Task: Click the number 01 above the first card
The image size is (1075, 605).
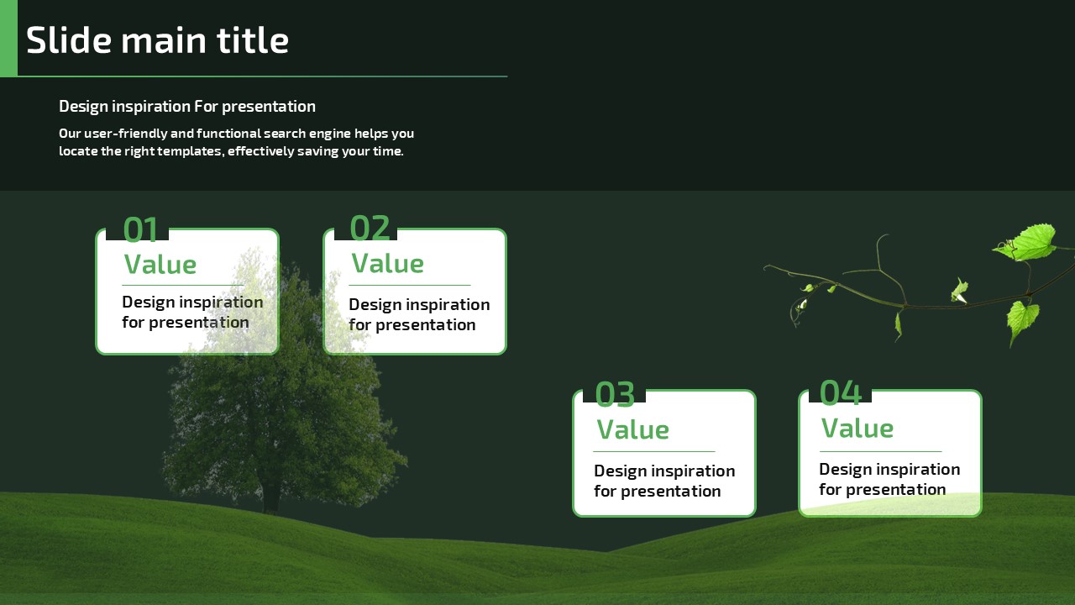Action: point(140,229)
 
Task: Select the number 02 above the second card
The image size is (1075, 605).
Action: point(370,228)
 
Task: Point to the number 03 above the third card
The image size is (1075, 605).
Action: point(615,394)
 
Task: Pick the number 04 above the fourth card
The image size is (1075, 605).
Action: point(841,392)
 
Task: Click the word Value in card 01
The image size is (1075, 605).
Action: point(160,264)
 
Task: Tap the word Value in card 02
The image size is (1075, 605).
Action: point(388,263)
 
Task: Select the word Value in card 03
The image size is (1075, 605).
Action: point(632,429)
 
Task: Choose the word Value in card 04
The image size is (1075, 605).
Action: point(857,428)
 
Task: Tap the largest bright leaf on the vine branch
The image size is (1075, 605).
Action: point(1027,243)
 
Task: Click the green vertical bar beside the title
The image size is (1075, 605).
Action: point(8,38)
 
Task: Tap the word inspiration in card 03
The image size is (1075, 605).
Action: point(691,471)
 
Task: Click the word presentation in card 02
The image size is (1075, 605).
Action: point(426,325)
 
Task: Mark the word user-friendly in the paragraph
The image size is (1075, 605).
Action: point(125,133)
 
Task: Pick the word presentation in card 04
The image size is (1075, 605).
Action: point(895,490)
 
